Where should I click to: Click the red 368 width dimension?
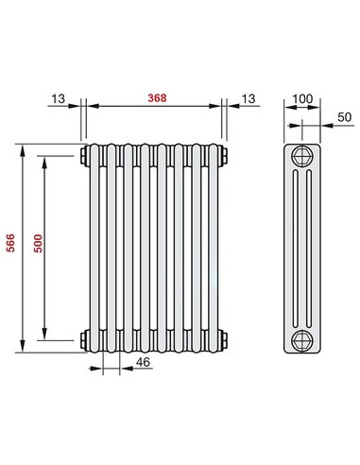[155, 98]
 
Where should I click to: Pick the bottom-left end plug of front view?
[84, 338]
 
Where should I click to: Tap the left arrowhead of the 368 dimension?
[91, 106]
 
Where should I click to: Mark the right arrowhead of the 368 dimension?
[219, 106]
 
